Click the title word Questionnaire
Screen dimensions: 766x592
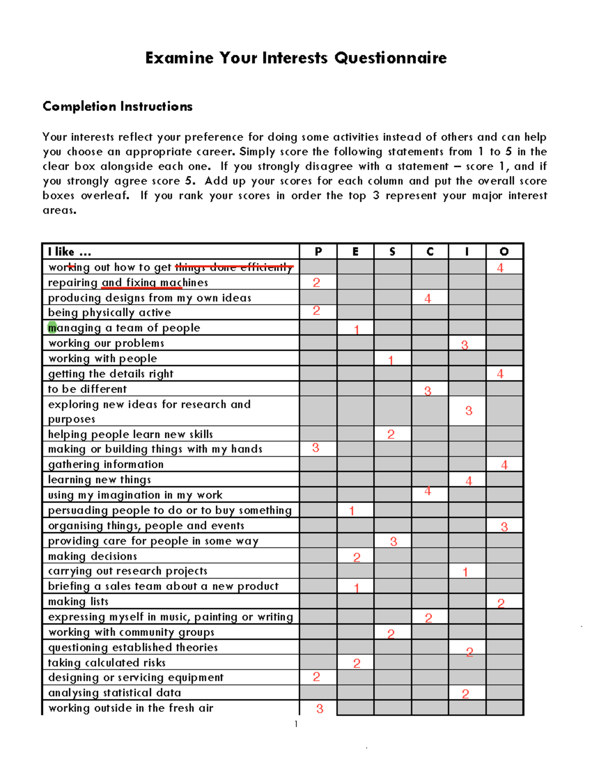click(390, 58)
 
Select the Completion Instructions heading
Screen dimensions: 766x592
click(117, 107)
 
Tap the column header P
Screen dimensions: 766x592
click(318, 252)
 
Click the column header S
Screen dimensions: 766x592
click(392, 252)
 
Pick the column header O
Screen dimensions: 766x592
click(504, 252)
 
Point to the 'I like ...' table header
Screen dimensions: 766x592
click(70, 252)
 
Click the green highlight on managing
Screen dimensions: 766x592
click(52, 328)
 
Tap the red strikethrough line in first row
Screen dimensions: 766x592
click(234, 267)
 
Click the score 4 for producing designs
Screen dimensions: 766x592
click(428, 298)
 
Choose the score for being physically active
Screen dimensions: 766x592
click(316, 311)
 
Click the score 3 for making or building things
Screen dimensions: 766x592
click(316, 448)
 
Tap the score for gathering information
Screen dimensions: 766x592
click(504, 465)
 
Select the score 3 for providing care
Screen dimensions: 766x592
click(393, 542)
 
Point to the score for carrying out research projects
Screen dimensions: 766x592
click(465, 572)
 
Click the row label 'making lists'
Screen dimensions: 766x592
click(78, 601)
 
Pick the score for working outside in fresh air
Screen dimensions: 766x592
click(320, 709)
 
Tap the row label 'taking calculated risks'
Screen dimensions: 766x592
click(107, 662)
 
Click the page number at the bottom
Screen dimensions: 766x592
click(296, 724)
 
